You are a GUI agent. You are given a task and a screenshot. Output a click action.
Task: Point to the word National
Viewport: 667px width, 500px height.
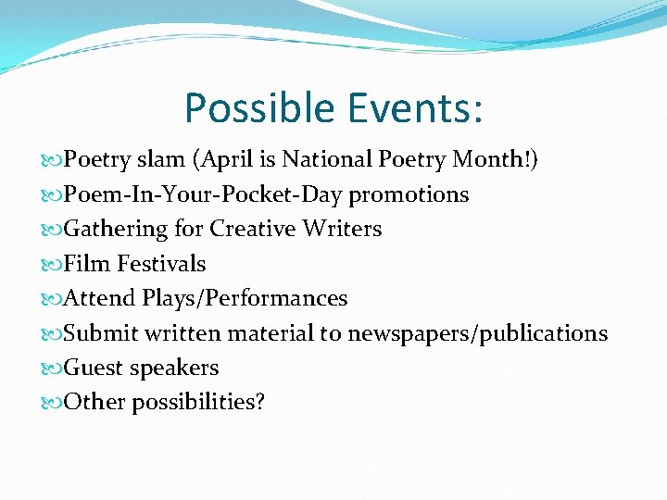pyautogui.click(x=328, y=160)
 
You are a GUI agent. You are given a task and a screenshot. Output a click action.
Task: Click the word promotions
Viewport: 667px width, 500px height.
pyautogui.click(x=409, y=194)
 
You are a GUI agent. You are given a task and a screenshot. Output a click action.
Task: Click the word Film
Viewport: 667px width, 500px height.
pyautogui.click(x=84, y=264)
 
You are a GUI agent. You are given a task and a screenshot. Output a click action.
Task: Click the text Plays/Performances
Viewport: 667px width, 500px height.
pyautogui.click(x=245, y=298)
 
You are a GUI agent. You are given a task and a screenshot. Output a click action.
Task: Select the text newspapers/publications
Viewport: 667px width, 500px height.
pyautogui.click(x=477, y=333)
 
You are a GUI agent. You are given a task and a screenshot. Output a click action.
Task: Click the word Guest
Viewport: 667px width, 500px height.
pyautogui.click(x=94, y=368)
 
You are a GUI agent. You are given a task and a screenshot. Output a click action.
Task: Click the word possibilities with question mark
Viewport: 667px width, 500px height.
pyautogui.click(x=198, y=403)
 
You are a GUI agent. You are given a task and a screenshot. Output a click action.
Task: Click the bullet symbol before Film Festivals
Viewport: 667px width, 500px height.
pyautogui.click(x=51, y=265)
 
